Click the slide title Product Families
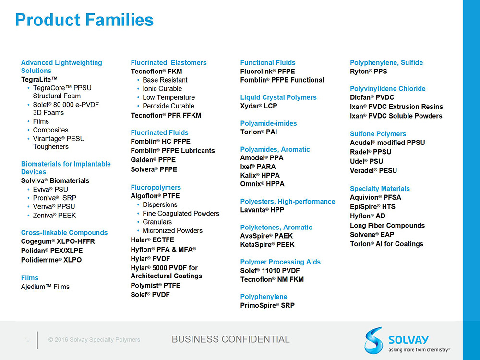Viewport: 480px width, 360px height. coord(84,20)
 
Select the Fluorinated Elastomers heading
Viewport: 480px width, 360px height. coord(168,63)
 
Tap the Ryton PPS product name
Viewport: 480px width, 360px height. coord(369,72)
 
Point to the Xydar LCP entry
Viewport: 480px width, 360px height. coord(259,106)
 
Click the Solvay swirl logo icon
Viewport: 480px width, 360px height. coord(374,340)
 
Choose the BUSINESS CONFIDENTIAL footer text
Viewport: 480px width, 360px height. coord(230,339)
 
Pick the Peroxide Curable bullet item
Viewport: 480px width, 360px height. coord(168,106)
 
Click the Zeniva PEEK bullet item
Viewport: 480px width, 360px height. coord(55,216)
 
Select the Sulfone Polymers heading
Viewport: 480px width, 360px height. coord(378,134)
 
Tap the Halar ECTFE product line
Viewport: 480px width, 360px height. coord(153,240)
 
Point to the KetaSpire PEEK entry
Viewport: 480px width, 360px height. coord(267,245)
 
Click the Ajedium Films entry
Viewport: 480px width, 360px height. coord(45,287)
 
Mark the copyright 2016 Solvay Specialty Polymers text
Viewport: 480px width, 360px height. coord(94,340)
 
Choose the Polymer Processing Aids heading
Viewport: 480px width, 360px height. coord(280,262)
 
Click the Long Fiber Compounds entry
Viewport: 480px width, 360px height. coord(387,226)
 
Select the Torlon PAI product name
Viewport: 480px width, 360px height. coord(259,132)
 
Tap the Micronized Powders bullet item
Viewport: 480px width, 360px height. coord(173,231)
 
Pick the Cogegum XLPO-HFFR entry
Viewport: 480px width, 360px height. coord(58,241)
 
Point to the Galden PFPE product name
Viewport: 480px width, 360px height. coord(153,160)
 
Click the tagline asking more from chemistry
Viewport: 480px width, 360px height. coord(419,349)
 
